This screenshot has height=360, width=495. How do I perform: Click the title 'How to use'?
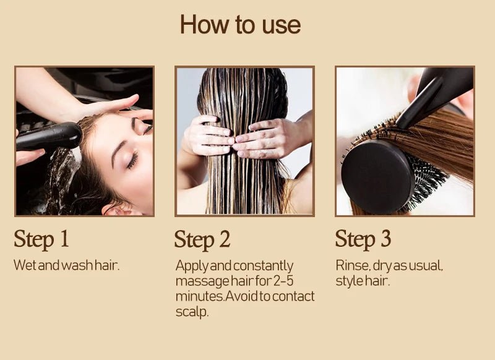coord(240,25)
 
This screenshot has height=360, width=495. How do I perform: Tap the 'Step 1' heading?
coord(41,238)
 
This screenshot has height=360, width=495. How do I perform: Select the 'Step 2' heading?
coord(202,239)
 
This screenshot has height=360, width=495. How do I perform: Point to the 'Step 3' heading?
coord(363,238)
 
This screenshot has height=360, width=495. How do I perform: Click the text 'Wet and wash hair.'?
coord(66,265)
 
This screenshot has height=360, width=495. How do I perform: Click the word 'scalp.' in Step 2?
coord(192,312)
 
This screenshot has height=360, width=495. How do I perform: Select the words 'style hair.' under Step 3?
coord(363,281)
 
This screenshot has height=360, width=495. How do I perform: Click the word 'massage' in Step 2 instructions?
coord(199,281)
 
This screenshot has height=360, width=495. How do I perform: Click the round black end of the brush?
coord(377,177)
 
